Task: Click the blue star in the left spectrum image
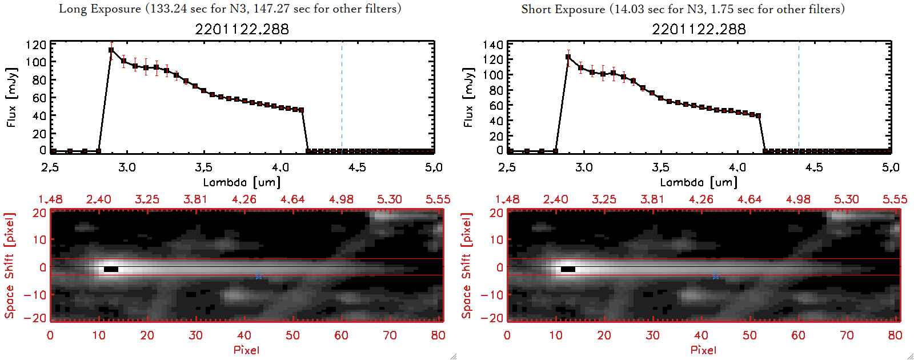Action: pyautogui.click(x=259, y=276)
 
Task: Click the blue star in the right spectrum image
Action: pyautogui.click(x=716, y=276)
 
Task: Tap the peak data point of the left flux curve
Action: pyautogui.click(x=111, y=50)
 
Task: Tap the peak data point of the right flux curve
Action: pyautogui.click(x=568, y=57)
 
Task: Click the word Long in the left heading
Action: pyautogui.click(x=71, y=9)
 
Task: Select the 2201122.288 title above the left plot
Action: pyautogui.click(x=242, y=29)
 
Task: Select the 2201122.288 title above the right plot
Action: pyautogui.click(x=699, y=29)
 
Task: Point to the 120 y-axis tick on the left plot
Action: pyautogui.click(x=36, y=45)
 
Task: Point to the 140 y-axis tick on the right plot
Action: pyautogui.click(x=493, y=45)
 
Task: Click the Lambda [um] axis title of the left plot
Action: pyautogui.click(x=242, y=182)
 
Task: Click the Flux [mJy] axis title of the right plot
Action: pyautogui.click(x=468, y=97)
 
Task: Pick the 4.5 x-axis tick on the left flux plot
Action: pyautogui.click(x=357, y=167)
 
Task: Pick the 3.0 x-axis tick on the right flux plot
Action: pyautogui.click(x=584, y=167)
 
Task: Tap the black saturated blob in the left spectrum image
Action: pyautogui.click(x=111, y=269)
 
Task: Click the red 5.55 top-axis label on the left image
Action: pyautogui.click(x=438, y=199)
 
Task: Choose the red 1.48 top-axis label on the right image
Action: pyautogui.click(x=507, y=199)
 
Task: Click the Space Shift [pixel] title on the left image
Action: pyautogui.click(x=10, y=266)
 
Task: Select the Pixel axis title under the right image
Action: pyautogui.click(x=703, y=350)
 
